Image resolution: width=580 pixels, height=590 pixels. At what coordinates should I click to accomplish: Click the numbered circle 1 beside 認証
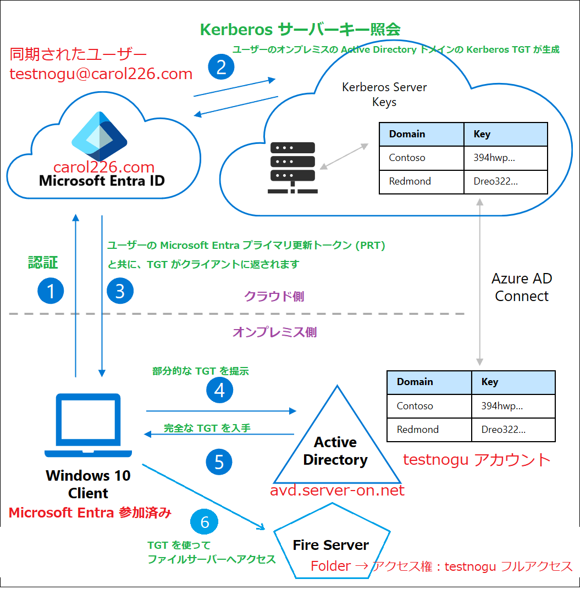click(51, 291)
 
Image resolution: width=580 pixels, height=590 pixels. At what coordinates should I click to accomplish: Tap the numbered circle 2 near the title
click(221, 67)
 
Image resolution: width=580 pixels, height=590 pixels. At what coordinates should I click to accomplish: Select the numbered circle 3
click(120, 291)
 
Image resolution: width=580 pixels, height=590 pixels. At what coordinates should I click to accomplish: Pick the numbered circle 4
click(219, 390)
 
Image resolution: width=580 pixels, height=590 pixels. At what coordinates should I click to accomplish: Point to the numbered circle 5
click(219, 462)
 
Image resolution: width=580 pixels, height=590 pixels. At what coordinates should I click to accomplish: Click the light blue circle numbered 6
click(205, 521)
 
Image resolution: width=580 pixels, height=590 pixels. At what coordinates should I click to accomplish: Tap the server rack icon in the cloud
click(292, 168)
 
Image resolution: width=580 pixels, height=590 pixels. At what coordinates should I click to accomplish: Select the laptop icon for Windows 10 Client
click(89, 425)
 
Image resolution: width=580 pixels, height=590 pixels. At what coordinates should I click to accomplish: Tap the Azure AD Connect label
click(521, 287)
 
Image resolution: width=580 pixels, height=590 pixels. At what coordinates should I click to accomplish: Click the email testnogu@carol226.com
click(101, 74)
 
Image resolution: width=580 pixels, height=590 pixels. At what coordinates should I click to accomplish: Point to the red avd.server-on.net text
click(337, 490)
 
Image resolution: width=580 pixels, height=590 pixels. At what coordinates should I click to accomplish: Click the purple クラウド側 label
click(274, 297)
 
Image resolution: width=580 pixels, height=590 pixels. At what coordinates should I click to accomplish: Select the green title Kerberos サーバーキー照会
click(300, 29)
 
